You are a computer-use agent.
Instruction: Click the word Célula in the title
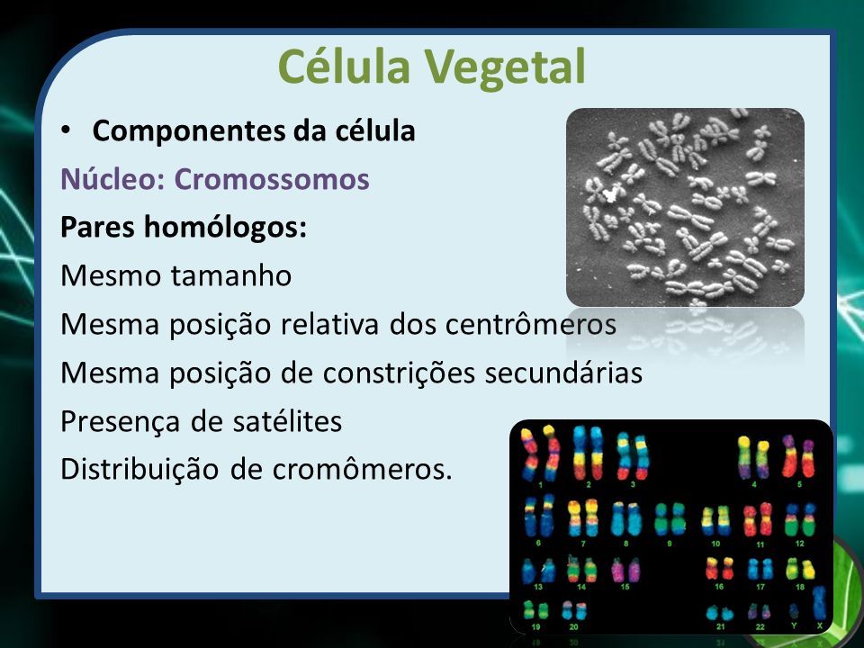(345, 66)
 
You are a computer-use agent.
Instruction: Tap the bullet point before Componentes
(66, 130)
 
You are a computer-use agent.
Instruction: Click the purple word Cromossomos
(272, 180)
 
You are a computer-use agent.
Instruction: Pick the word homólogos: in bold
(225, 228)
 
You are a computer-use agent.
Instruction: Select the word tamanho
(231, 275)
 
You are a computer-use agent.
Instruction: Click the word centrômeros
(531, 324)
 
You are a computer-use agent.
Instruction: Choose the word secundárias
(563, 373)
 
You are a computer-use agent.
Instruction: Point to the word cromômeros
(362, 470)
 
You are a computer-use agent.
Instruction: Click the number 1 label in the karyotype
(540, 485)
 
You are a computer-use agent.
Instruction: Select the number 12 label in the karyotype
(799, 544)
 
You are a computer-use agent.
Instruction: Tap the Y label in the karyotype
(794, 625)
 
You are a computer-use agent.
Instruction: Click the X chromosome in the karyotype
(819, 603)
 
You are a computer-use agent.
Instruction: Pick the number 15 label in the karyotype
(625, 587)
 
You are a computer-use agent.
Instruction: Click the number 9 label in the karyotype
(670, 544)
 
